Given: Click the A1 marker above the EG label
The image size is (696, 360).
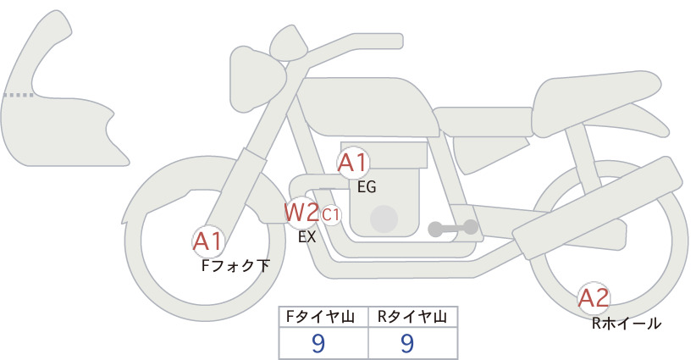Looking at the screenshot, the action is (353, 163).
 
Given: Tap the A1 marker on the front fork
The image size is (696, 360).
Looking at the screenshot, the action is (207, 242).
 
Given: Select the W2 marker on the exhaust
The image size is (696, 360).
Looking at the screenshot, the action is (301, 213).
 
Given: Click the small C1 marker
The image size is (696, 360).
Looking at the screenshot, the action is (331, 215).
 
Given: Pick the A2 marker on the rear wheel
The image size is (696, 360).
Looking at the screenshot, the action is (594, 297).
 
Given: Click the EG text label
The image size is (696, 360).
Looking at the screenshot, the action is (367, 187).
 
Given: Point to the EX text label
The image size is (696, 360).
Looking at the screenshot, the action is (307, 237).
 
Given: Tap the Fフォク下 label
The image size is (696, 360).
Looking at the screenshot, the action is (235, 266).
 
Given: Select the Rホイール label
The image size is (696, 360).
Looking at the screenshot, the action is (627, 324).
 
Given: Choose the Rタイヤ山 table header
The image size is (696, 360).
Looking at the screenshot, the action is (412, 317).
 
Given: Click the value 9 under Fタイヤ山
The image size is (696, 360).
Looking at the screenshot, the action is (318, 343).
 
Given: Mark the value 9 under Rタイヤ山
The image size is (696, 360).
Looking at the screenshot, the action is (407, 343).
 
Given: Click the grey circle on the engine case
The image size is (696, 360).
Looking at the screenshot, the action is (384, 219).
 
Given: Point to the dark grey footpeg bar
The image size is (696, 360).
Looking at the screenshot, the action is (453, 228).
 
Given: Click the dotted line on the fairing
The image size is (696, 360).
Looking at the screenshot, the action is (18, 95).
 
